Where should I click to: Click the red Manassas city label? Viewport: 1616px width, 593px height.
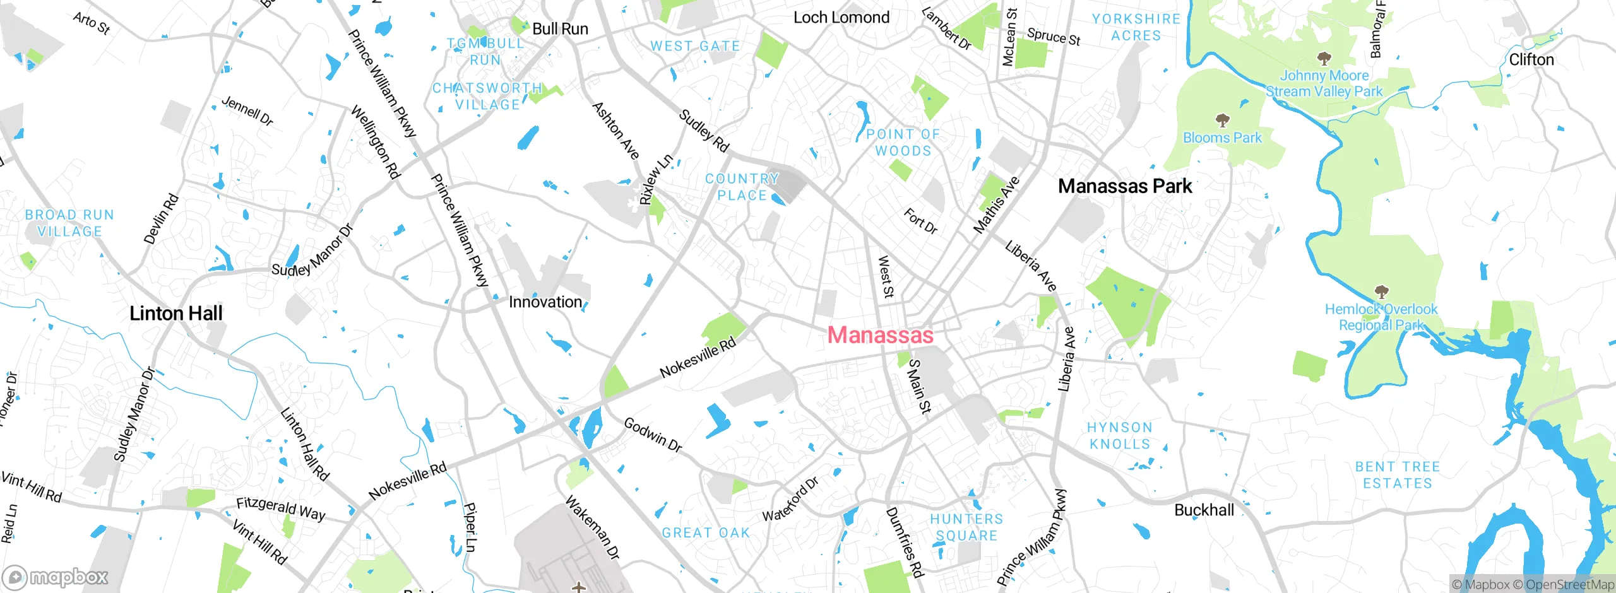coord(880,335)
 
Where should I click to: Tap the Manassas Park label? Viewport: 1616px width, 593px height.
coord(1125,186)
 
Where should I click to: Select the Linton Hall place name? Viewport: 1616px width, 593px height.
coord(176,314)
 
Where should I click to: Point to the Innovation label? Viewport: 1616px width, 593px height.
coord(545,302)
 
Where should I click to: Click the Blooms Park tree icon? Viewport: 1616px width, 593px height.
coord(1223,120)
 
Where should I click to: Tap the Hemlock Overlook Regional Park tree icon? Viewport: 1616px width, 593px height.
coord(1381,291)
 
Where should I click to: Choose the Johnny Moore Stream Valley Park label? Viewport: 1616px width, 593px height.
coord(1324,83)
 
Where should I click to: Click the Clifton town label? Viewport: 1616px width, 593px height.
coord(1531,60)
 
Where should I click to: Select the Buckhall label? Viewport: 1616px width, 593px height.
coord(1204,510)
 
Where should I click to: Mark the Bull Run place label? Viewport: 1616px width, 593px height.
coord(560,29)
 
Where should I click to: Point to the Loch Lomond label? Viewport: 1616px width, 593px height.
coord(841,18)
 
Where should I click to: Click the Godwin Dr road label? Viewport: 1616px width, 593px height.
coord(653,435)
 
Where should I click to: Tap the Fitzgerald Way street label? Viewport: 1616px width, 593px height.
coord(281,508)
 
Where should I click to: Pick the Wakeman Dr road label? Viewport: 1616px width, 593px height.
coord(592,528)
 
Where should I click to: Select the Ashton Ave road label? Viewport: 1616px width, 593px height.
coord(615,131)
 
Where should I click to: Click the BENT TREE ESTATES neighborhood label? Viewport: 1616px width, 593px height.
coord(1398,475)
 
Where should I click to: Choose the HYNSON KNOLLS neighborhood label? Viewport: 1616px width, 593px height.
coord(1120,436)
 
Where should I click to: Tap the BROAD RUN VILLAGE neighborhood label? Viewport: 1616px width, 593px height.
coord(69,223)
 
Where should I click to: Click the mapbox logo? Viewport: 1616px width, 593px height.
coord(56,577)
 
